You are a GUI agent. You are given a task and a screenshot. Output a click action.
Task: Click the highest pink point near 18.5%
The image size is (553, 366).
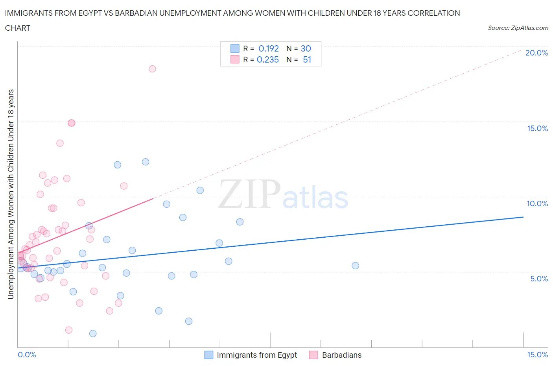152,69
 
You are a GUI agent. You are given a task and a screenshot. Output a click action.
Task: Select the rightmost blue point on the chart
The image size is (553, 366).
355,266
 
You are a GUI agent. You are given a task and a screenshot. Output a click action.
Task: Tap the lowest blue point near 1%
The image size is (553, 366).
93,333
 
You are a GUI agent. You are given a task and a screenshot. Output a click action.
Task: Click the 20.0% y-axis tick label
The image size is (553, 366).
536,53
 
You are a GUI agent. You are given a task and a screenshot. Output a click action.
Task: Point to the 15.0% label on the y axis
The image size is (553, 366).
537,128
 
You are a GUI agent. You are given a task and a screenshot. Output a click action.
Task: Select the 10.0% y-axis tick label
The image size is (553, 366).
537,203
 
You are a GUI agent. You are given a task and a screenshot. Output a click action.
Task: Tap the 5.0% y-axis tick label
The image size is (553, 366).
539,279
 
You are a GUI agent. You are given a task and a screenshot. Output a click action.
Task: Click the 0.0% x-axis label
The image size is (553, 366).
27,355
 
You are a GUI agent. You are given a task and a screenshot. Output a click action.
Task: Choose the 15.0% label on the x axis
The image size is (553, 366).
537,355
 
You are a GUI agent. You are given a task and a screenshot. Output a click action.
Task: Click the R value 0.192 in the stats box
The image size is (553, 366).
269,48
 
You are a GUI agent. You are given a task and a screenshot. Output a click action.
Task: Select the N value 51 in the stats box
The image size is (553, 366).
307,59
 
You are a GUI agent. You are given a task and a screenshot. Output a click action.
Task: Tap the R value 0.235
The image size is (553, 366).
268,59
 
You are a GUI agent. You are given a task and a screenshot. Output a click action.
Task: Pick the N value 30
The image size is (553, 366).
306,48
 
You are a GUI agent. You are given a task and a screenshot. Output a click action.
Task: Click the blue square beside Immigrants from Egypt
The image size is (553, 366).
208,355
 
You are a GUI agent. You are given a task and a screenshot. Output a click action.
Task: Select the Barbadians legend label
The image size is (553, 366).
341,355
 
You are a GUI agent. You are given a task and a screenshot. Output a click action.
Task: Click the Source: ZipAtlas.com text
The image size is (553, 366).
518,28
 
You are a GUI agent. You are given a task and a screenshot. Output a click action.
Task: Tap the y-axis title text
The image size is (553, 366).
11,194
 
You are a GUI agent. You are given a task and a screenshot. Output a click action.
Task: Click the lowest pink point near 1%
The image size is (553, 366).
69,330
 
